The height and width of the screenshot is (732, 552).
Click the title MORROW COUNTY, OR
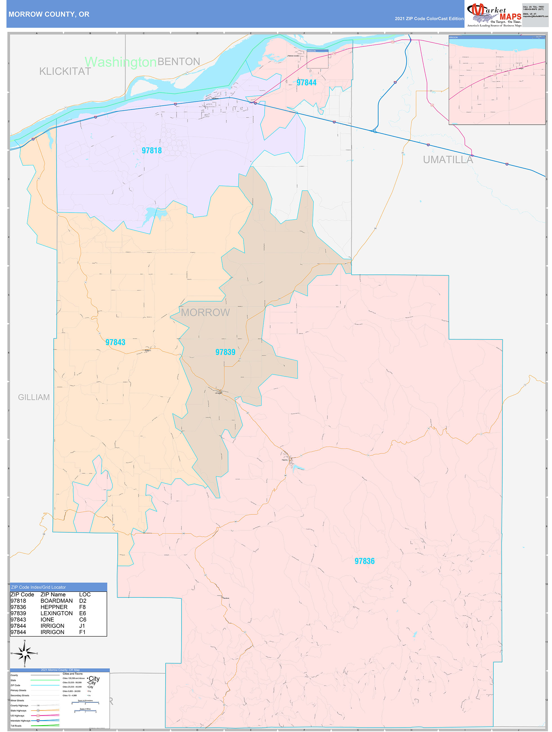click(49, 14)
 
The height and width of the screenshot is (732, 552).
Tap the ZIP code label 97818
click(151, 151)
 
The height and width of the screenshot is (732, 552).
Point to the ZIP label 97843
click(115, 342)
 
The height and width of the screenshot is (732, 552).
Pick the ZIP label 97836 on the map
click(364, 561)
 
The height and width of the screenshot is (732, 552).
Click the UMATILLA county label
click(448, 160)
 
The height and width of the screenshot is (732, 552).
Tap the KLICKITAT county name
click(65, 71)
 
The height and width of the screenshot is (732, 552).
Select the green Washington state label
click(120, 62)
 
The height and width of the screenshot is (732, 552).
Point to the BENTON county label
click(179, 62)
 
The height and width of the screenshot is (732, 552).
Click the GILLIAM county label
click(34, 397)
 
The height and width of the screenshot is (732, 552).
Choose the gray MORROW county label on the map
click(205, 313)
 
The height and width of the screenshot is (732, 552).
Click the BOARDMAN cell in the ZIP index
click(57, 601)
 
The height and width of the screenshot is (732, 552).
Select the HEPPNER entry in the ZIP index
click(54, 607)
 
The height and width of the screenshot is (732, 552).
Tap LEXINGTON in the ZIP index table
click(57, 613)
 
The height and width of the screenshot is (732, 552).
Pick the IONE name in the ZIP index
click(47, 619)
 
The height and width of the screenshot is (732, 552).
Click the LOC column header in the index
click(85, 594)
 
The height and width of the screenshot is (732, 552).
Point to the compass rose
click(25, 653)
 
